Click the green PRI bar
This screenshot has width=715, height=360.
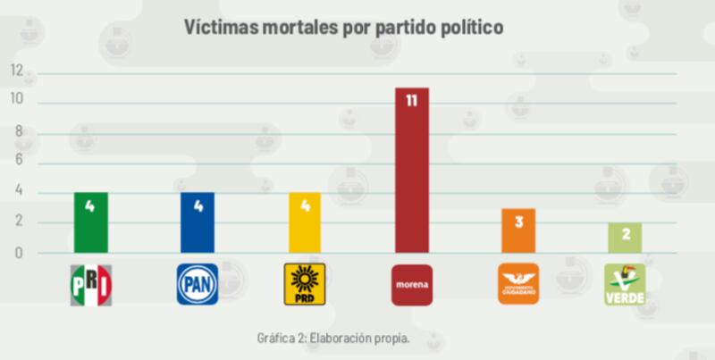pos(90,222)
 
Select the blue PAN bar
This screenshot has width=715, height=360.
pos(197,222)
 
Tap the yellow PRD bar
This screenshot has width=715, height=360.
pos(304,222)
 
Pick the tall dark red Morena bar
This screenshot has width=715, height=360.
pos(411,170)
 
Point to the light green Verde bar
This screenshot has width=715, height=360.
pos(624,238)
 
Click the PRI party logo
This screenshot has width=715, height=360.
pos(90,285)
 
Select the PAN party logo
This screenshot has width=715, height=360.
pos(197,285)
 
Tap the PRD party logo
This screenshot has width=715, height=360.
pos(304,285)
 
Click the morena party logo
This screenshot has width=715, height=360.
pos(411,285)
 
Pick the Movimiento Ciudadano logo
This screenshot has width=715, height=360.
pos(517,285)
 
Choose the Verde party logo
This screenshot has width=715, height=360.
pos(624,285)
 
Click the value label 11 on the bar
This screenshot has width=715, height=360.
pos(411,101)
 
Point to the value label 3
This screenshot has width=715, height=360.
pos(517,222)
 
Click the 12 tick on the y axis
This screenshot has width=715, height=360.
pos(17,70)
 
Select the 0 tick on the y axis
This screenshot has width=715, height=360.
pos(19,253)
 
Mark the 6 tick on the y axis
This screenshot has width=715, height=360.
pos(19,162)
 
